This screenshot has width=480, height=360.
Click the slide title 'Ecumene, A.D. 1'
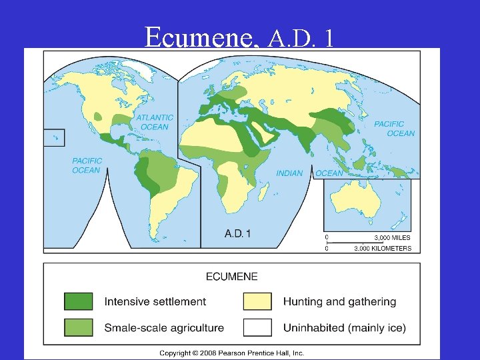[239, 38]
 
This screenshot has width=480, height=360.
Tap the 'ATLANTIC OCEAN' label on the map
[155, 122]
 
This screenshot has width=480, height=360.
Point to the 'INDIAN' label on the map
[289, 173]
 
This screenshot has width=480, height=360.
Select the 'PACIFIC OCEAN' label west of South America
[87, 165]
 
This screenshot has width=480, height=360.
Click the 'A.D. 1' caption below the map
[238, 233]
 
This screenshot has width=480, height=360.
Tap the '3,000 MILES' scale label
[391, 237]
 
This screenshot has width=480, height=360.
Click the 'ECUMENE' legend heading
[232, 276]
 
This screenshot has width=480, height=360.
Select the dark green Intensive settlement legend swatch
[79, 301]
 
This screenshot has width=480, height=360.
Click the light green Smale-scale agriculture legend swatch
[79, 327]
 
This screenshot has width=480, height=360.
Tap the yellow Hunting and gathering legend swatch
[257, 301]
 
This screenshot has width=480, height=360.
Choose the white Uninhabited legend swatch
[257, 327]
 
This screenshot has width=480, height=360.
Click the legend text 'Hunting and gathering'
[339, 301]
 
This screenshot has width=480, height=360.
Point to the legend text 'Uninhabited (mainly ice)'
[344, 328]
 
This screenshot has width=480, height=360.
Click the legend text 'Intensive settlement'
[155, 301]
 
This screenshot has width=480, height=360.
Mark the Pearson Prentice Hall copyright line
[231, 353]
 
